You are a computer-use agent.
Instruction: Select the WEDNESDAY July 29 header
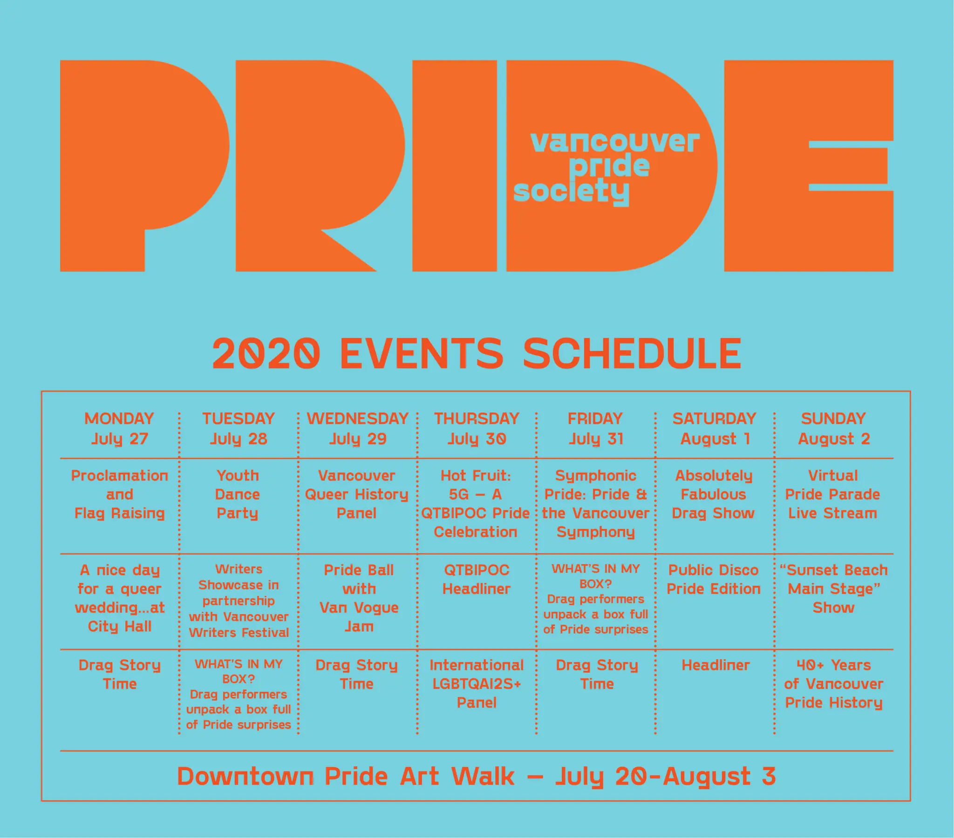357,428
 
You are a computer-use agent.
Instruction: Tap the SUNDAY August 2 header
833,428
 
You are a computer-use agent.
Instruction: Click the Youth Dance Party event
238,494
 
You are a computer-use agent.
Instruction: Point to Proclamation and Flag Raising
120,494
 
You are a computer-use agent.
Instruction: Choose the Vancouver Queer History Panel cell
356,494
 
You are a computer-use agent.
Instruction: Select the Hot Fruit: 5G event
476,504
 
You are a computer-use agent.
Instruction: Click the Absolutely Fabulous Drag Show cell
714,494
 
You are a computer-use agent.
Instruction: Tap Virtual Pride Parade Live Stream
833,494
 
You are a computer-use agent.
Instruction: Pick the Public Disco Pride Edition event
714,580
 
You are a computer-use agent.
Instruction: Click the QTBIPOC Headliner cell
477,580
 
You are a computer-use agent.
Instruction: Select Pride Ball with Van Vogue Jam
359,598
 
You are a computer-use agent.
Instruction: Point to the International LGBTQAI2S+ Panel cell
477,683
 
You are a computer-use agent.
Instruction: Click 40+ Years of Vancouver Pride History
833,683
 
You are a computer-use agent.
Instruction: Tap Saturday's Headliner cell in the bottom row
715,665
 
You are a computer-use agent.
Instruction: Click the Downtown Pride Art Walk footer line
477,777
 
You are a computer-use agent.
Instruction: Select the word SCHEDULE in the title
633,353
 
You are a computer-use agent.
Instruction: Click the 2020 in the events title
266,353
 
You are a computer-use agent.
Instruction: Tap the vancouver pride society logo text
606,168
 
